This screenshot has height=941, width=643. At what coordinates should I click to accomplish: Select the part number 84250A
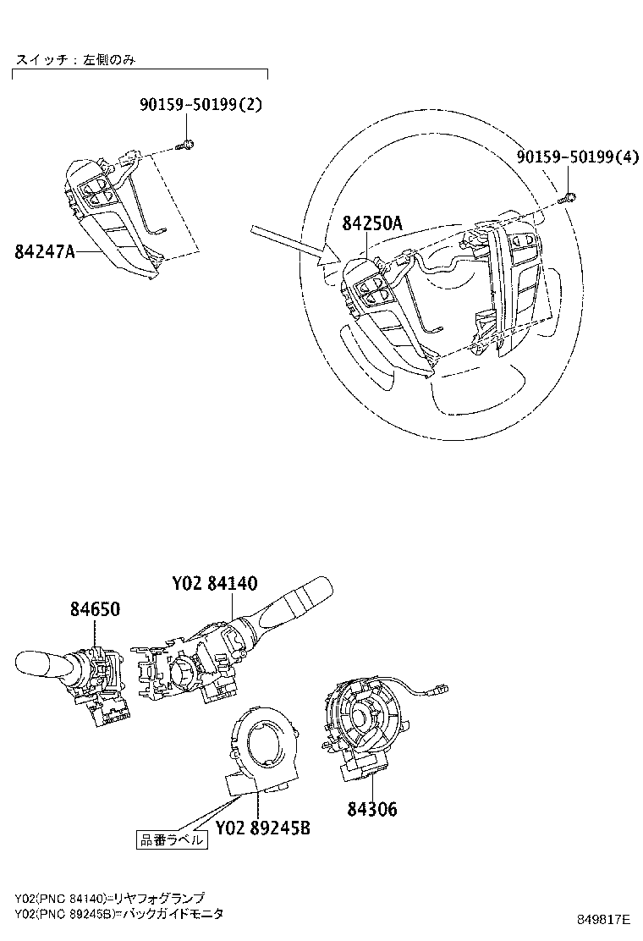point(371,223)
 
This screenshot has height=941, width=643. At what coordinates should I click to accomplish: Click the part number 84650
point(94,609)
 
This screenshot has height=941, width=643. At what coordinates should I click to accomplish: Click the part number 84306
point(371,810)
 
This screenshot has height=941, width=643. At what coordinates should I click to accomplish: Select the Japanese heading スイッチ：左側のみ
point(75,60)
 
